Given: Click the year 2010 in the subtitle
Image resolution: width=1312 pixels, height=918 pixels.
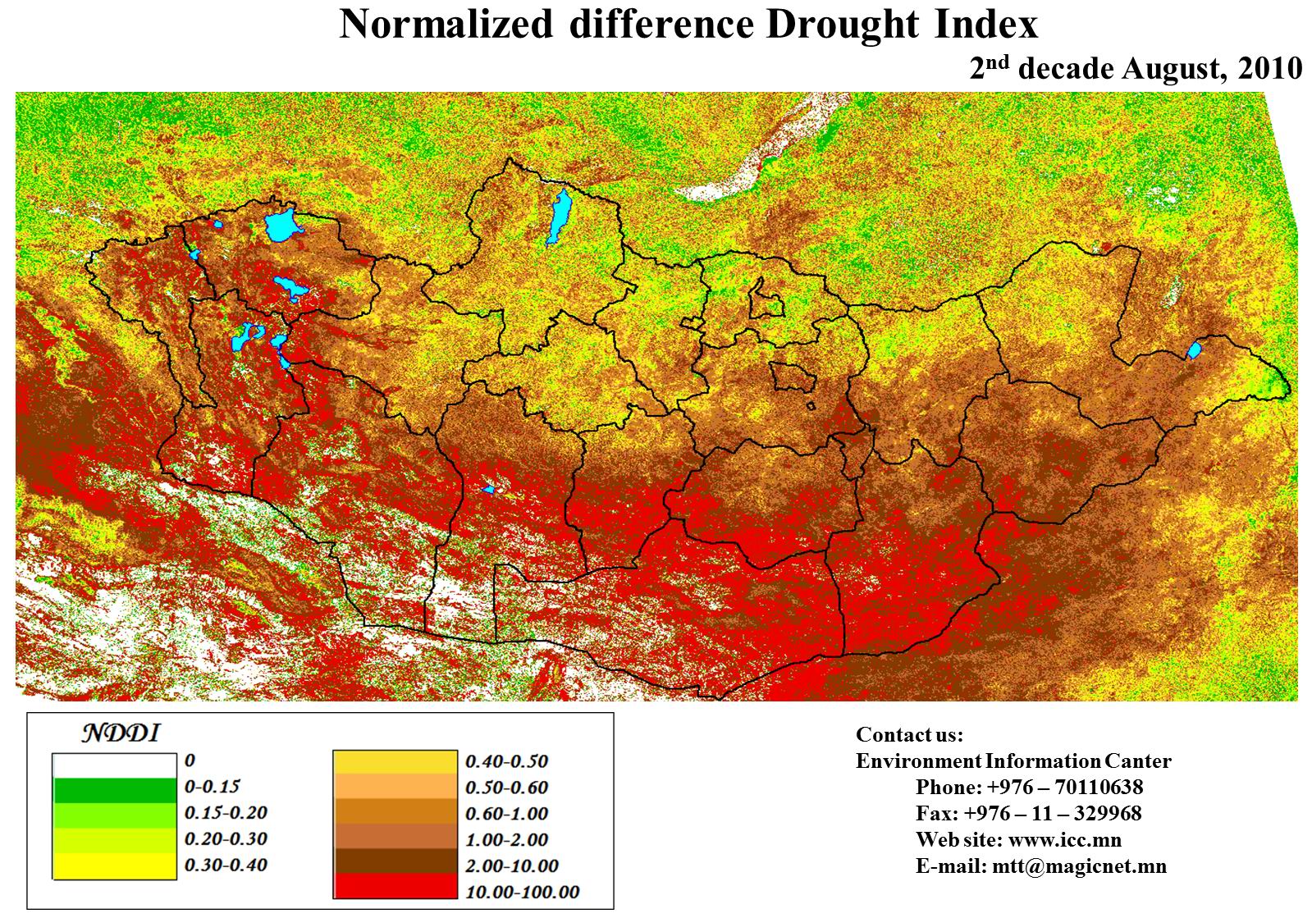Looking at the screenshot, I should (x=1270, y=69).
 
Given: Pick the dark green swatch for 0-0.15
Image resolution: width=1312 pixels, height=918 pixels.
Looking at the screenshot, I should (x=115, y=789).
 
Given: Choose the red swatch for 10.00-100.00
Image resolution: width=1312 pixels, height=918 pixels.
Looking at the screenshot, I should (x=395, y=886).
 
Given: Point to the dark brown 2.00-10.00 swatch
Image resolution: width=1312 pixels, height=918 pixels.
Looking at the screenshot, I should (x=395, y=861).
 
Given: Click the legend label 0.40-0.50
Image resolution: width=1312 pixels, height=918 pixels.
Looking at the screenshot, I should (x=506, y=761).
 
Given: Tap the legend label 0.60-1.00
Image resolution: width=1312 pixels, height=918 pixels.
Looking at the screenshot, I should (x=506, y=814).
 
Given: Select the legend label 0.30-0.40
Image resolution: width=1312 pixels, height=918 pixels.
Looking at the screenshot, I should (x=226, y=865).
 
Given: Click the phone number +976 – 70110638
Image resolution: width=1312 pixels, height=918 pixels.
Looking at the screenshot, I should (x=1065, y=788).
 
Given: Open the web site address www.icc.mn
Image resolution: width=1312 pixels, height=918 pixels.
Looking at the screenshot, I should (x=1064, y=840).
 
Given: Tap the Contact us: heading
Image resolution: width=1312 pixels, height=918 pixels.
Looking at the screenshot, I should (x=909, y=734).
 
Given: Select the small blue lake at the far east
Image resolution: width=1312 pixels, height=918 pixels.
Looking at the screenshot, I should (x=1194, y=351).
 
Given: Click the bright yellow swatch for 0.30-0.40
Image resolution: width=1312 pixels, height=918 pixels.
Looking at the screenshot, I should (x=115, y=866).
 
